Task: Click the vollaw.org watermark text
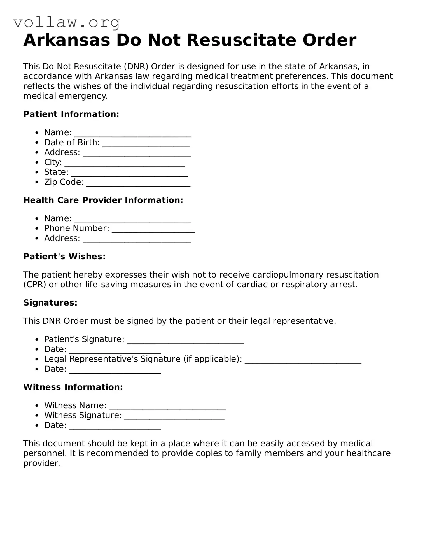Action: point(67,22)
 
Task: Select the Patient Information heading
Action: point(71,114)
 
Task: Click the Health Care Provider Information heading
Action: point(103,200)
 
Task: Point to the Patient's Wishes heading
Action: point(64,257)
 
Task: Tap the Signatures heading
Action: point(50,303)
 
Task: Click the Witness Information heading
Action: point(73,387)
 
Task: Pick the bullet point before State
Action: point(37,173)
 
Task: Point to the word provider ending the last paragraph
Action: point(41,463)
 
